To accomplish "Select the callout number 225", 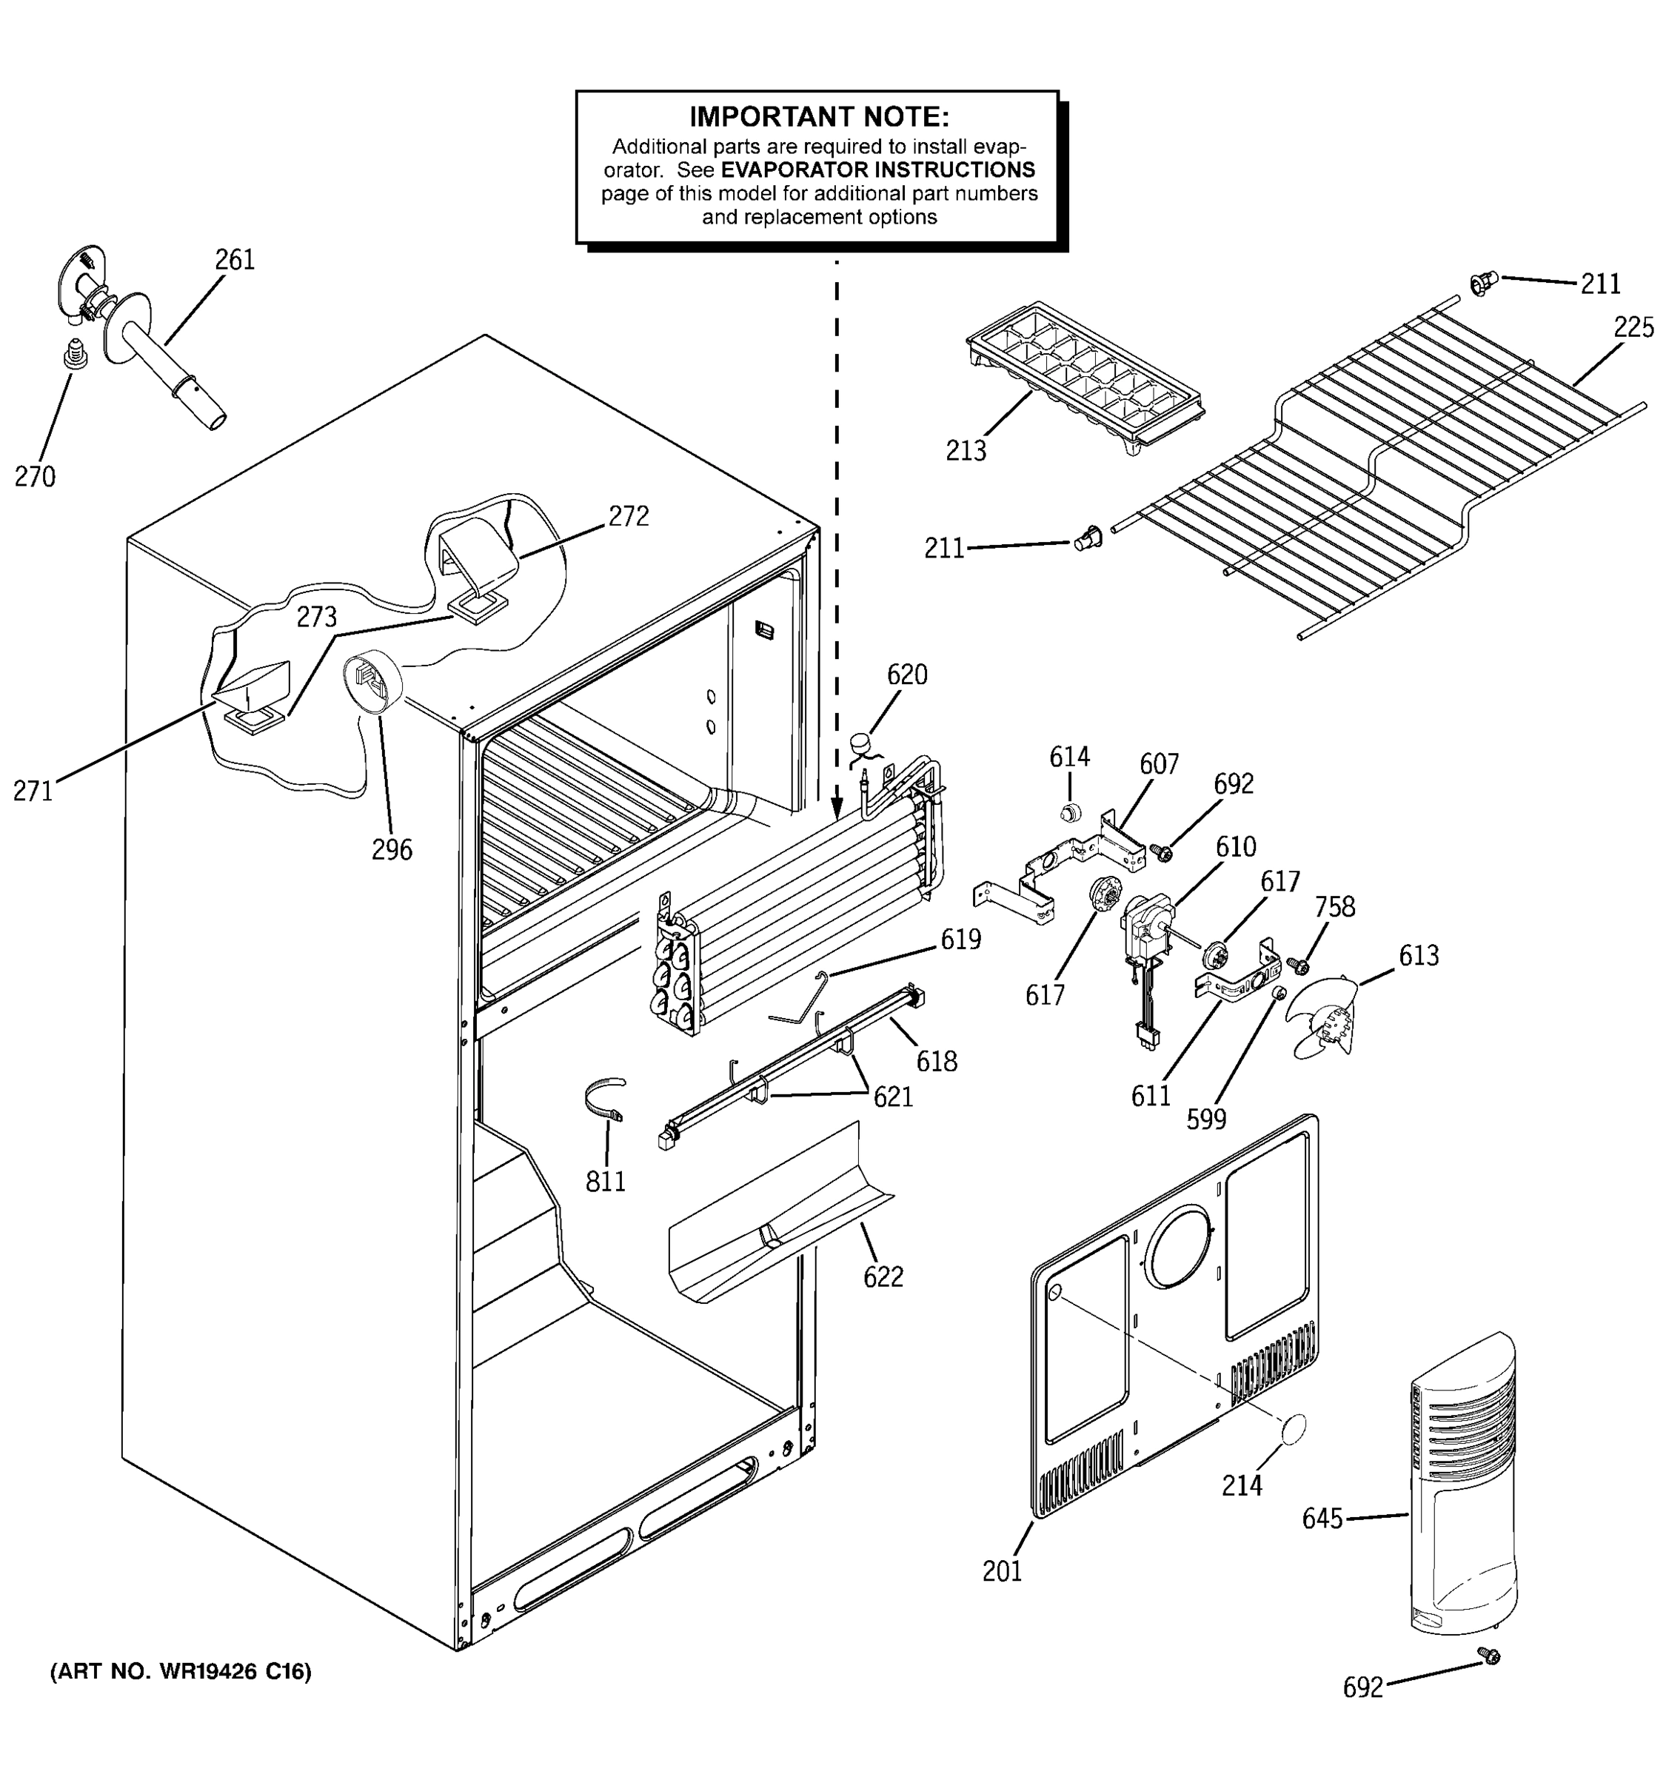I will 1633,328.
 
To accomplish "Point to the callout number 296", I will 392,849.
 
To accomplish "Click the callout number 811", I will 605,1182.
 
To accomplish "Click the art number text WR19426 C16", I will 181,1672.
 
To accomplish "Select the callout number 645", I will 1322,1519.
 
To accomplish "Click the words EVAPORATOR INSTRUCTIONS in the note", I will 877,170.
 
